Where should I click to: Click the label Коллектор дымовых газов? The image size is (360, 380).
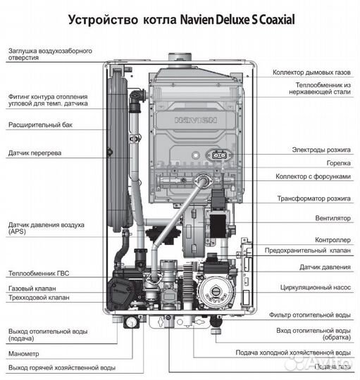pos(311,72)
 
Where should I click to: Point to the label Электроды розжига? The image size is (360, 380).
pos(321,150)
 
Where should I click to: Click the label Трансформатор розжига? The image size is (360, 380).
pos(314,198)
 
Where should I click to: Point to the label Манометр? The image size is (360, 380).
pos(24,353)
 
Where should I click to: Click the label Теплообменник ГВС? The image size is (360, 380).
pos(39,273)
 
